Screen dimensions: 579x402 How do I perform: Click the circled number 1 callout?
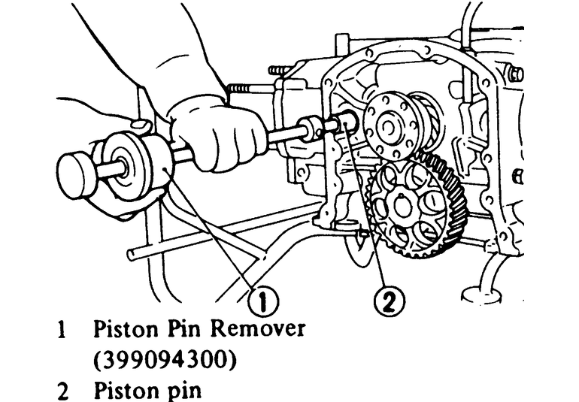click(264, 304)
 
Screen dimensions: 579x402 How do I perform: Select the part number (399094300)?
click(165, 360)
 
